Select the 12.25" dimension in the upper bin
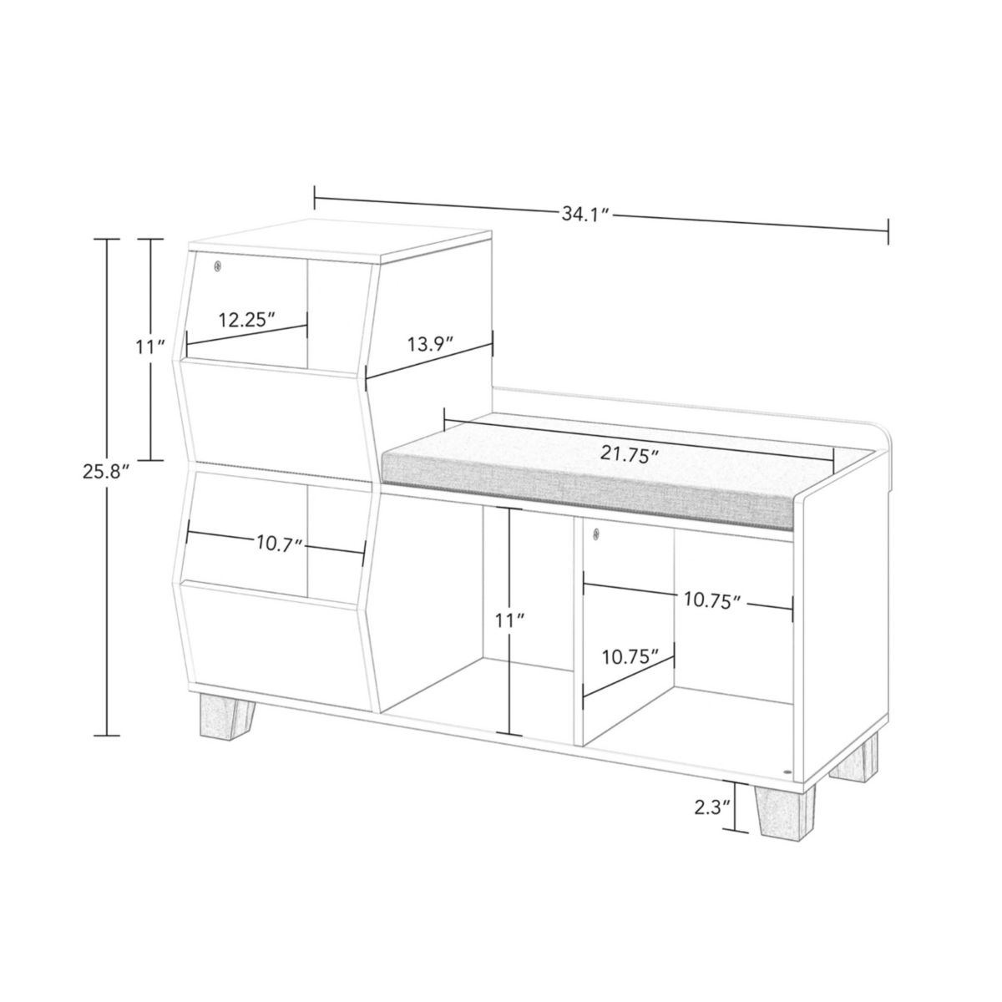pyautogui.click(x=246, y=320)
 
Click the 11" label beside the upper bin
pyautogui.click(x=150, y=347)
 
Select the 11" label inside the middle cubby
pyautogui.click(x=509, y=621)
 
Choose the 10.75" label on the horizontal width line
pyautogui.click(x=713, y=600)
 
